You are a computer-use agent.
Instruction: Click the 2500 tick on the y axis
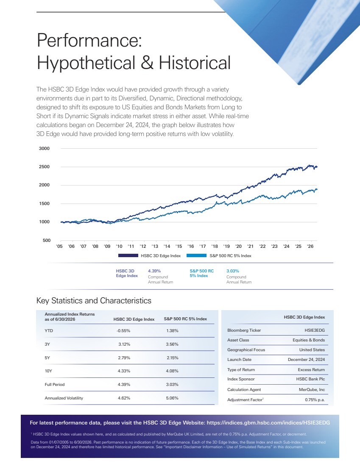[44, 167]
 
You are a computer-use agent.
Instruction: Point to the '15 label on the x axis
[179, 246]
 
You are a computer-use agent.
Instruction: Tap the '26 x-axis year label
[310, 246]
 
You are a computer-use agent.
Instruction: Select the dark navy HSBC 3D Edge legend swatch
[128, 255]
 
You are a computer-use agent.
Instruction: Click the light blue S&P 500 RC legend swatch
[196, 255]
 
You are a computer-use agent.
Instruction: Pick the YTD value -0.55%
[123, 331]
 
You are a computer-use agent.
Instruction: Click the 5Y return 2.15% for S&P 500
[173, 358]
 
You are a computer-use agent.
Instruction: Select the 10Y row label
[48, 371]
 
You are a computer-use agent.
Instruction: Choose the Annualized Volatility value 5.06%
[172, 398]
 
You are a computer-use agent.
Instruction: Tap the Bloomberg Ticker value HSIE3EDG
[315, 330]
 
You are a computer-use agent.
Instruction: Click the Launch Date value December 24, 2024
[307, 360]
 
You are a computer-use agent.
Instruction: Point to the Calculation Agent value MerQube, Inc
[312, 390]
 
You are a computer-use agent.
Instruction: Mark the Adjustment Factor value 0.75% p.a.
[315, 400]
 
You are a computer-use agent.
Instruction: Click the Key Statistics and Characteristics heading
[94, 301]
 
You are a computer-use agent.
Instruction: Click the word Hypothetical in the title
[86, 63]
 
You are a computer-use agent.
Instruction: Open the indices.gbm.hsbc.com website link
[268, 423]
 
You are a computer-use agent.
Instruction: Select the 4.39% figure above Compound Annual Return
[154, 271]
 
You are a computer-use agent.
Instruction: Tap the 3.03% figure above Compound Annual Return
[233, 271]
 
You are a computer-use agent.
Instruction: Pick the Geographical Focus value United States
[312, 350]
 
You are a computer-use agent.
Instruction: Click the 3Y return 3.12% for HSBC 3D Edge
[124, 344]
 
